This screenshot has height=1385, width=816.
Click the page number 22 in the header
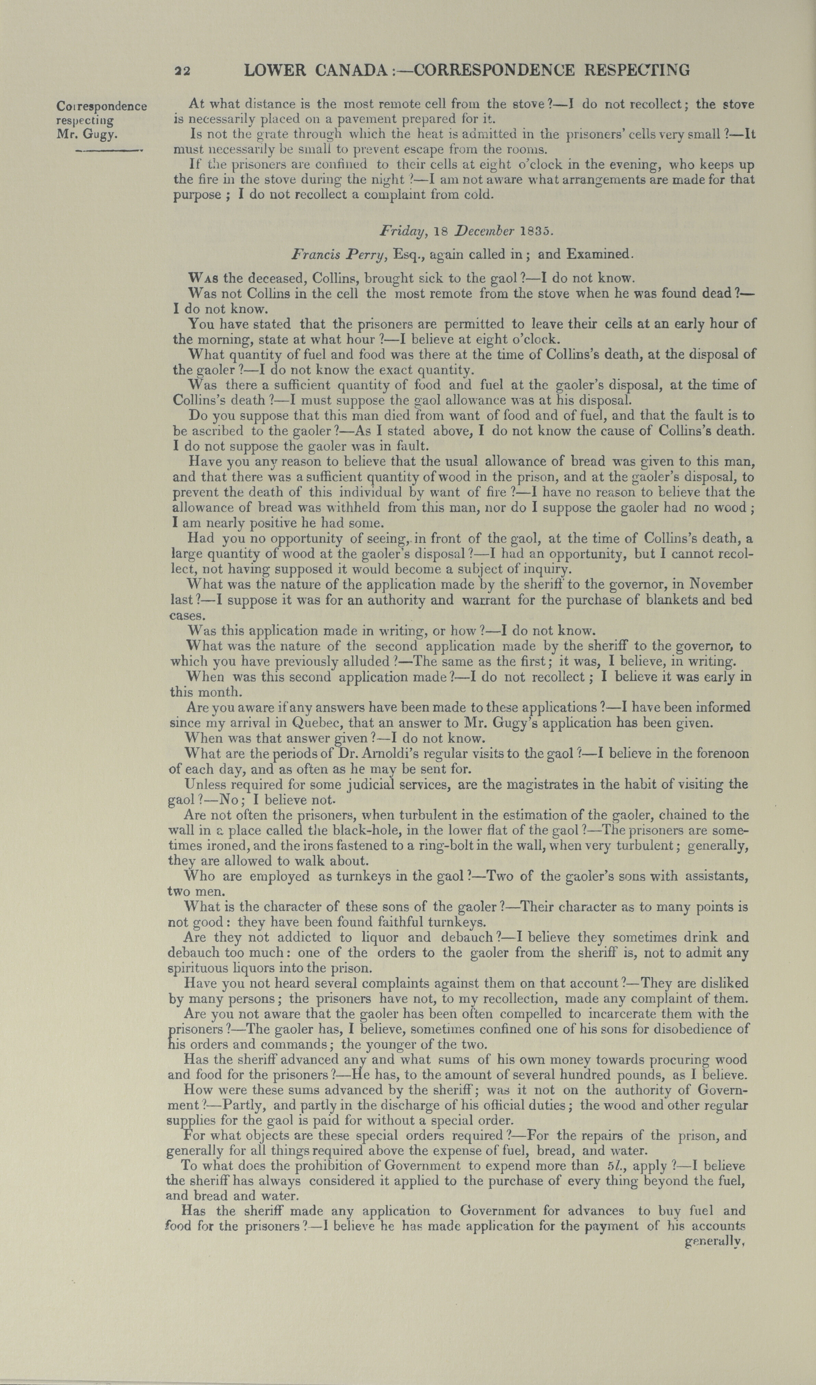tap(182, 71)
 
